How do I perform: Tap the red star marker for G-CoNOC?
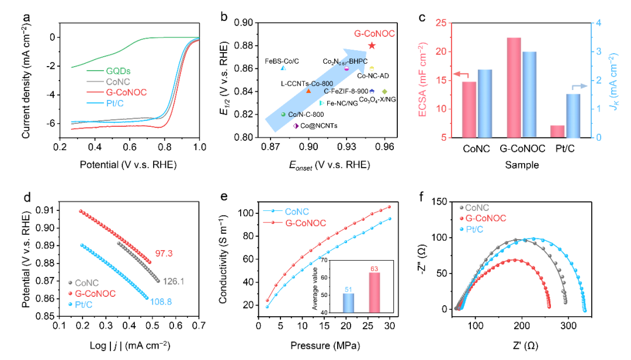pos(372,45)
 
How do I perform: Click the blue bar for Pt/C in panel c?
pos(573,116)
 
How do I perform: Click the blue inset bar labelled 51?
pos(348,303)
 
